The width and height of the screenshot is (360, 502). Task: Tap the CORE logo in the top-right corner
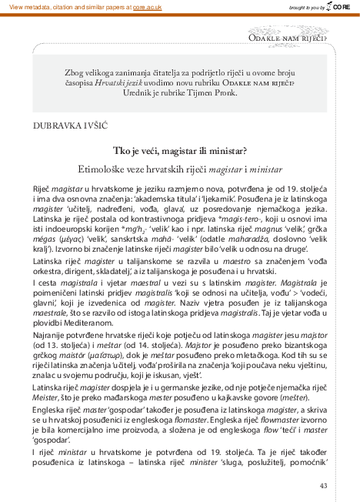click(342, 6)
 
